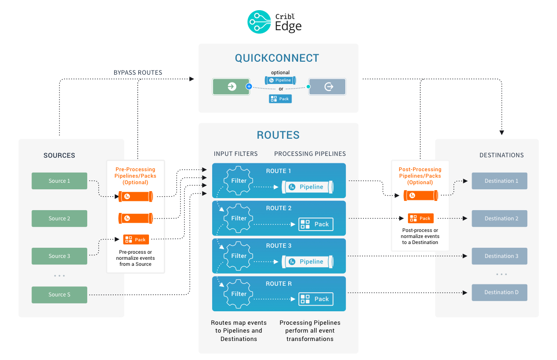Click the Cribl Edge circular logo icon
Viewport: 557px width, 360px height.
point(259,22)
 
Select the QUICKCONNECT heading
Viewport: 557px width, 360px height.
point(277,58)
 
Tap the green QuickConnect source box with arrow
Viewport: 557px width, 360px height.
point(231,87)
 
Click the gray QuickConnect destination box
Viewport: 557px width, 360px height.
point(327,87)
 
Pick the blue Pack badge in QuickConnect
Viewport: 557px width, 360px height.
point(280,99)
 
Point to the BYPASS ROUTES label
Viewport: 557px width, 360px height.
point(138,72)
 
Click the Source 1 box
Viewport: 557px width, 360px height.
point(59,181)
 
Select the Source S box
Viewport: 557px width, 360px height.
point(59,295)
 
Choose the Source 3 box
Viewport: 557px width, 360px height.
point(59,256)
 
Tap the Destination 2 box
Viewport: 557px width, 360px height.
point(499,219)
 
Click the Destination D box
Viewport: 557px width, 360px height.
point(499,292)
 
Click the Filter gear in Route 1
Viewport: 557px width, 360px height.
point(239,181)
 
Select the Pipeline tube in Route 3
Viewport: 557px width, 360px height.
point(308,262)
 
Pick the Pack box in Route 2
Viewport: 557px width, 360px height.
point(316,224)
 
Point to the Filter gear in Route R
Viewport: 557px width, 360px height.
point(239,294)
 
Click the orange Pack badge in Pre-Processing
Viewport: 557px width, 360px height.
point(136,239)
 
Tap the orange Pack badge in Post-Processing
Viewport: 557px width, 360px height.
point(421,218)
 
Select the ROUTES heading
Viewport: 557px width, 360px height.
point(278,135)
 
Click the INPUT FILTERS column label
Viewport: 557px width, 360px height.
point(235,154)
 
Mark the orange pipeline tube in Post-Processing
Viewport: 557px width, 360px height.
point(421,196)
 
